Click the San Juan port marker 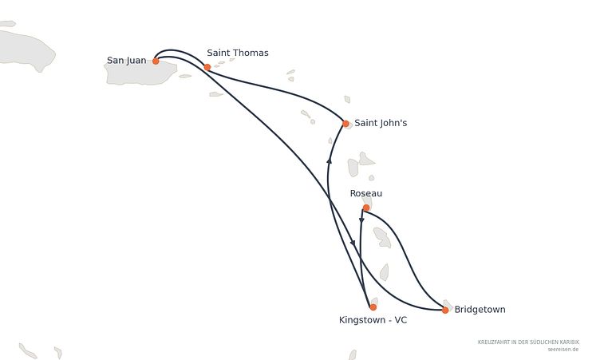pyautogui.click(x=156, y=61)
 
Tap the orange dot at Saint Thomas pyautogui.click(x=207, y=67)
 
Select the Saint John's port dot pyautogui.click(x=345, y=123)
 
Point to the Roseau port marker pyautogui.click(x=366, y=208)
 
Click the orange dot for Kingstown pyautogui.click(x=373, y=307)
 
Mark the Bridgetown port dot pyautogui.click(x=445, y=311)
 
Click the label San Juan pyautogui.click(x=127, y=61)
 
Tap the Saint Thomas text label pyautogui.click(x=238, y=53)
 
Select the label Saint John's pyautogui.click(x=381, y=123)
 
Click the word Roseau pyautogui.click(x=366, y=193)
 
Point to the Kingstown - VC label pyautogui.click(x=373, y=320)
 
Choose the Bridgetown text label pyautogui.click(x=480, y=310)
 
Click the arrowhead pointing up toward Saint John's pyautogui.click(x=329, y=161)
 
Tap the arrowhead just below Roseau pyautogui.click(x=361, y=220)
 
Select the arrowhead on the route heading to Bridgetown pyautogui.click(x=353, y=243)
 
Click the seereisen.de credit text pyautogui.click(x=563, y=350)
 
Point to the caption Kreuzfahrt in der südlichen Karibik pyautogui.click(x=528, y=342)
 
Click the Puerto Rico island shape pyautogui.click(x=140, y=73)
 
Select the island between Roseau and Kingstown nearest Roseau pyautogui.click(x=382, y=237)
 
